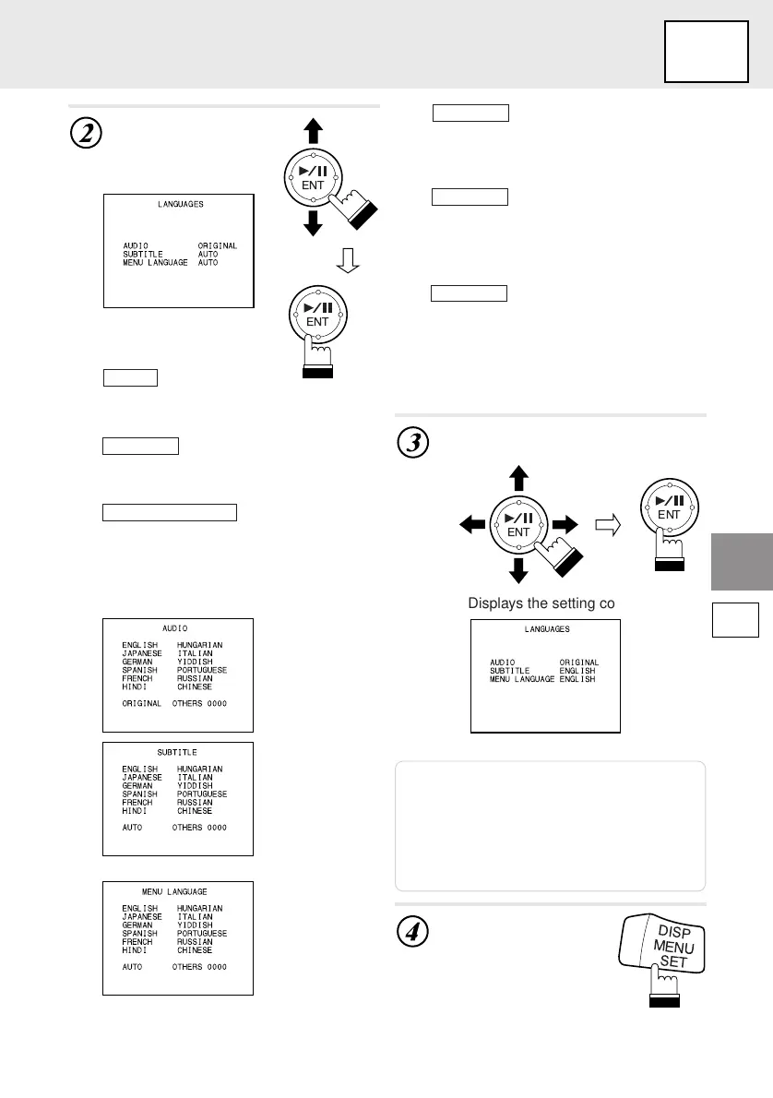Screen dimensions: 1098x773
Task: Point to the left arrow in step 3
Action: point(471,525)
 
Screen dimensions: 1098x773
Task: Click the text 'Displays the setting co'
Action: point(541,603)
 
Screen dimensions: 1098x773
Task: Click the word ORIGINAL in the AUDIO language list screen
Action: point(142,703)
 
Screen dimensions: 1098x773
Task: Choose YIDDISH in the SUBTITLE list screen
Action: point(195,786)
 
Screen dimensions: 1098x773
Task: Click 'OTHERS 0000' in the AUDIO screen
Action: point(199,703)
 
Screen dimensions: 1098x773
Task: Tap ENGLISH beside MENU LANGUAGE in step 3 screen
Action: point(577,679)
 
